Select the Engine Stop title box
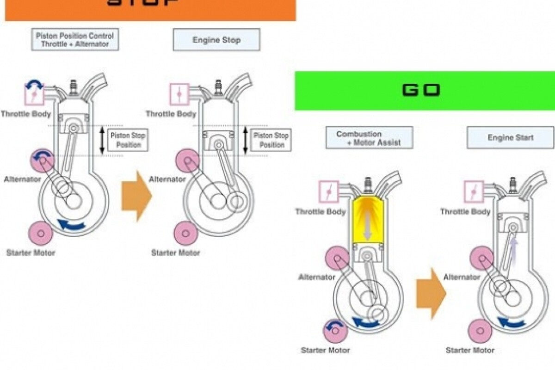click(216, 40)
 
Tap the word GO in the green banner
click(420, 90)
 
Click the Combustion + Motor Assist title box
click(369, 138)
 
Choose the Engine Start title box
click(510, 138)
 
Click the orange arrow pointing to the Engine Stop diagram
click(136, 196)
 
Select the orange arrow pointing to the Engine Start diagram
click(431, 293)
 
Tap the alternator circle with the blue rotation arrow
click(43, 160)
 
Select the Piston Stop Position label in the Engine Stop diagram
click(271, 140)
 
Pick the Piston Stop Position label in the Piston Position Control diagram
click(126, 140)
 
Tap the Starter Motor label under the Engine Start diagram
click(470, 350)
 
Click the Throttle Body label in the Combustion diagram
click(321, 212)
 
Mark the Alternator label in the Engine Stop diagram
click(168, 179)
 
